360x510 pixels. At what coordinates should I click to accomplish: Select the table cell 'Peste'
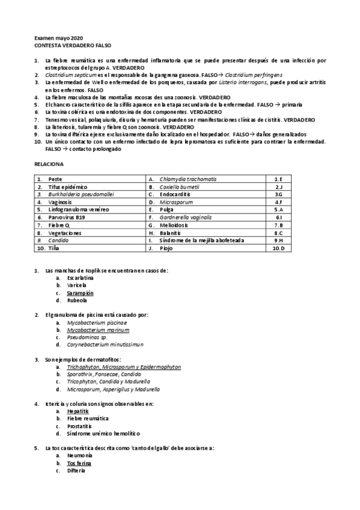point(55,179)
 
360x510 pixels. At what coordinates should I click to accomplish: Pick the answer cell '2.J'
point(278,187)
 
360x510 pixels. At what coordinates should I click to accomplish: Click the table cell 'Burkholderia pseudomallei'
point(81,194)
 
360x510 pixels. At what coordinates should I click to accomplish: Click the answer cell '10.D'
point(278,247)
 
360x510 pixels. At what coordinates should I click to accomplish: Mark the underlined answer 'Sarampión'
point(81,293)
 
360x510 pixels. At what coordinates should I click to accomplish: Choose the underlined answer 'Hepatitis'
point(79,411)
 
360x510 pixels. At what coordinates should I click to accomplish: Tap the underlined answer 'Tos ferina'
point(79,463)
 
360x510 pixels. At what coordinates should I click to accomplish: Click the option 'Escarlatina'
point(81,278)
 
